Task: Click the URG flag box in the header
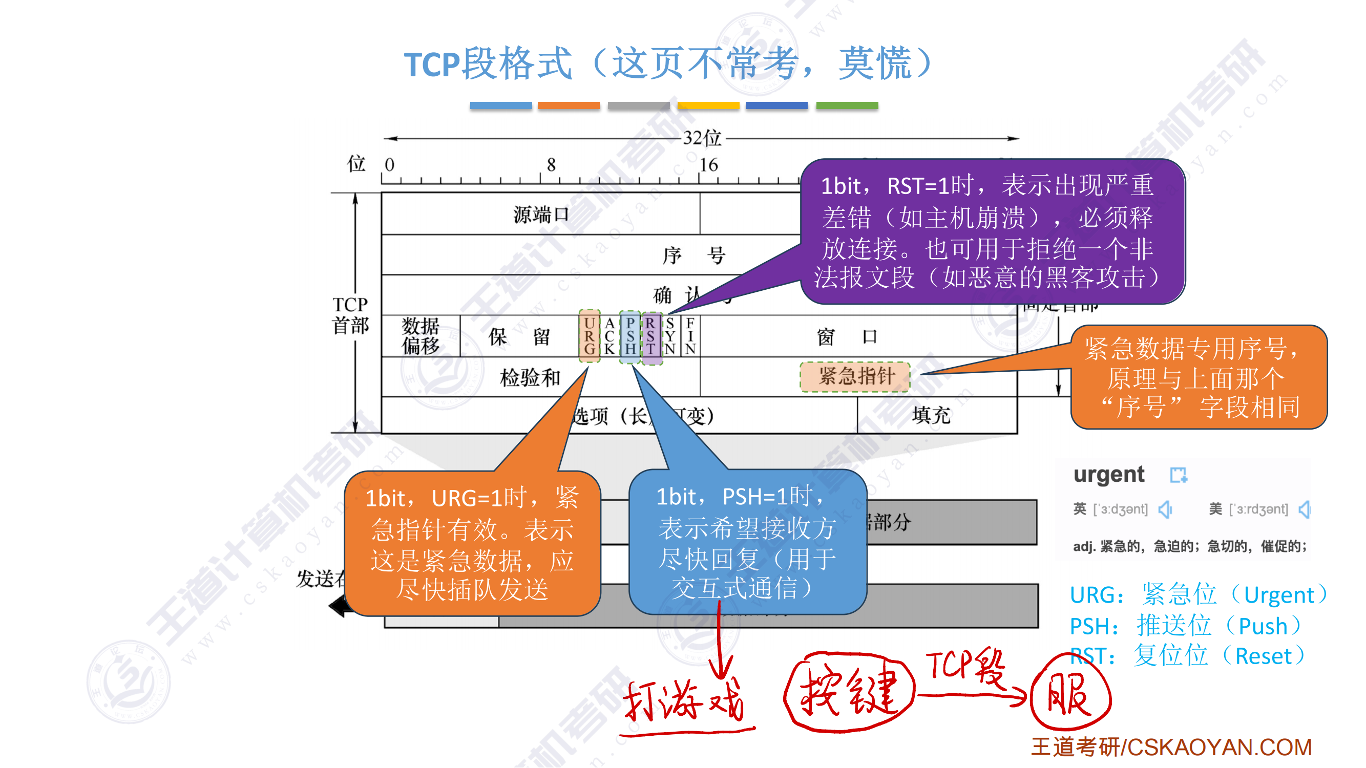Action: click(x=589, y=336)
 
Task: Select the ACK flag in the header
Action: click(x=610, y=336)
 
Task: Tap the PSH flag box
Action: click(x=630, y=336)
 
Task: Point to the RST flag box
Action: click(x=650, y=336)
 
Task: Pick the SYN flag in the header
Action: click(x=670, y=336)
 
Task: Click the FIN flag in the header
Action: click(x=690, y=336)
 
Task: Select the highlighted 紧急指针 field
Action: click(x=855, y=376)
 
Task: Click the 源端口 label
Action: click(x=540, y=215)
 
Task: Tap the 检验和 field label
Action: click(x=530, y=377)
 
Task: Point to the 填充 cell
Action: click(x=931, y=415)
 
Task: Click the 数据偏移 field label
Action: click(x=421, y=335)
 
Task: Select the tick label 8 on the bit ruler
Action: click(x=552, y=165)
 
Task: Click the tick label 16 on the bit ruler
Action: click(x=708, y=165)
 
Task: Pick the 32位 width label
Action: click(x=702, y=138)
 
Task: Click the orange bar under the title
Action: click(x=569, y=105)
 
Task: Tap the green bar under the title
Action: click(x=847, y=105)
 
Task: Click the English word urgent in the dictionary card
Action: click(x=1109, y=475)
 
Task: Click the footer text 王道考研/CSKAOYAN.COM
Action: click(x=1171, y=748)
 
